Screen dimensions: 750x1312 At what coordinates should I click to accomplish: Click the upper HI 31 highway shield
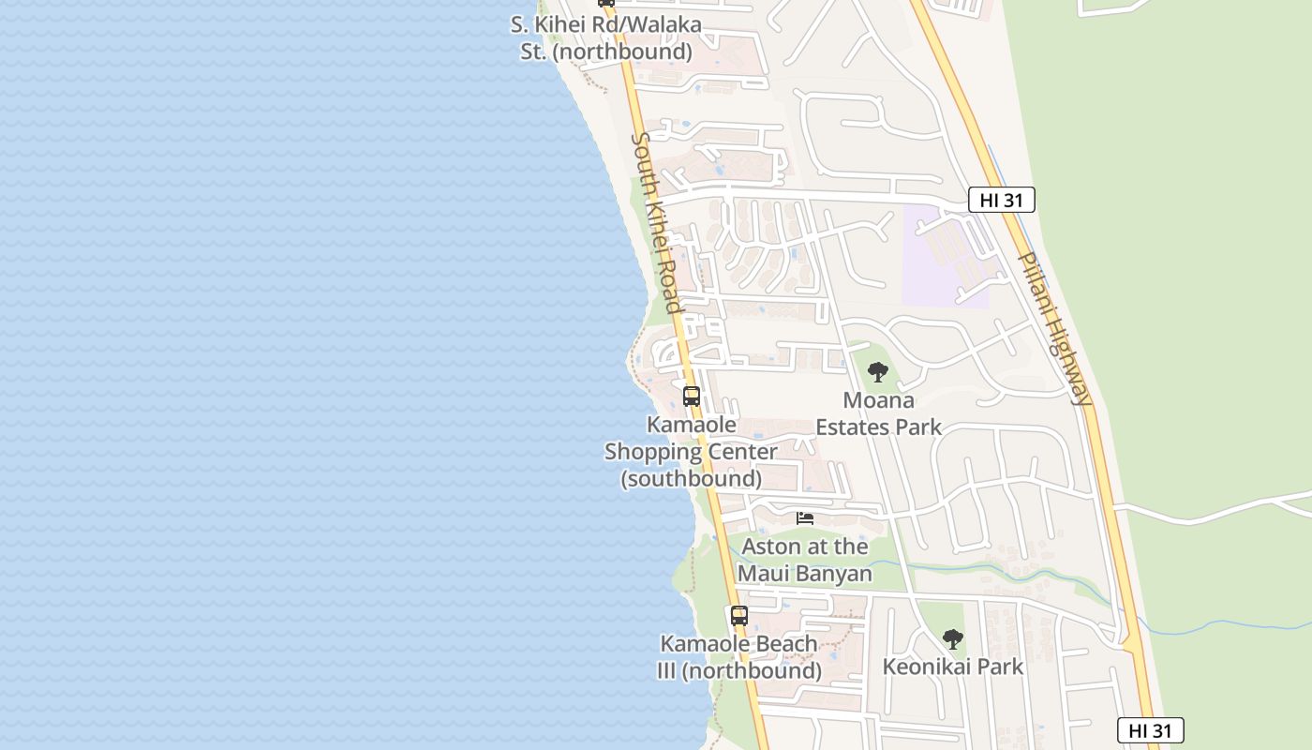pos(1001,200)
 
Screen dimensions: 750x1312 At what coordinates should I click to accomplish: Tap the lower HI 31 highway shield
pos(1150,730)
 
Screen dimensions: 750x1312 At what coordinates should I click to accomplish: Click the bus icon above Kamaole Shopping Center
pos(692,396)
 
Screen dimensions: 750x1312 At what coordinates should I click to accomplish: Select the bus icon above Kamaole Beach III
pos(739,616)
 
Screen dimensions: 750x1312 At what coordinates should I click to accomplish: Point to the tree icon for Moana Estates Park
pos(878,372)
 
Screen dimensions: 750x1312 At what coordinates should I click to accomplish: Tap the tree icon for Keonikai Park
pos(953,639)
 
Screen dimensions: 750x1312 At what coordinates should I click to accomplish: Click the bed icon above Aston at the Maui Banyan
pos(805,517)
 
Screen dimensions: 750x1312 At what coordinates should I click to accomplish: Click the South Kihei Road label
pos(656,222)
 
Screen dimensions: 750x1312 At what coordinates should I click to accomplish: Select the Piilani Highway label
pos(1056,327)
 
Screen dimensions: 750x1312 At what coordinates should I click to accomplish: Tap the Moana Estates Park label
pos(878,413)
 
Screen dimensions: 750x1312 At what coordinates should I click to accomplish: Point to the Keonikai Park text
pos(953,667)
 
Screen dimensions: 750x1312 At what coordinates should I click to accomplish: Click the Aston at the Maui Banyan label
pos(805,560)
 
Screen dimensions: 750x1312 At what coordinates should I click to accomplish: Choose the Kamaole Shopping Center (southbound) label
pos(692,451)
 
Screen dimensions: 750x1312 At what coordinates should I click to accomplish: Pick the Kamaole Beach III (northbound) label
pos(739,657)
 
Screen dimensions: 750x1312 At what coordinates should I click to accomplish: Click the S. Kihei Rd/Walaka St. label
pos(606,38)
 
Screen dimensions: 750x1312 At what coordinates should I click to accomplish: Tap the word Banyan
pos(831,573)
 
